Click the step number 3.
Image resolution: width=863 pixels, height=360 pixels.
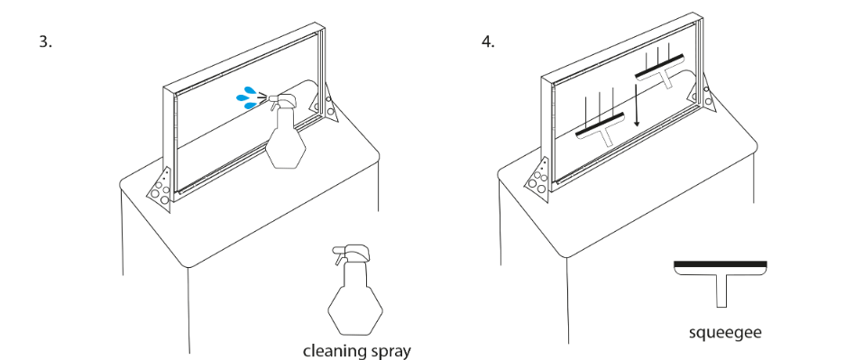click(46, 42)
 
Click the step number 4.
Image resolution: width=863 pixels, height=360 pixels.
click(488, 42)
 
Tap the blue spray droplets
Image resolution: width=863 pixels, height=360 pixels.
click(246, 97)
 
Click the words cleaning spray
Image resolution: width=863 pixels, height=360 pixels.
click(356, 351)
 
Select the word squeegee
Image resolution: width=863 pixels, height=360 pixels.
click(725, 332)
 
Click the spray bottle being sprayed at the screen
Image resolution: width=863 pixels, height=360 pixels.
click(285, 131)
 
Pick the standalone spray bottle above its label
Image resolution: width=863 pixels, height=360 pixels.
click(354, 291)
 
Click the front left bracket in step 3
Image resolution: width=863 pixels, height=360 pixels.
click(161, 186)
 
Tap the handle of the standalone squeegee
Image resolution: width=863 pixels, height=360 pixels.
click(721, 291)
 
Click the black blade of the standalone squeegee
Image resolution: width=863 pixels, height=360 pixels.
click(721, 264)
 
